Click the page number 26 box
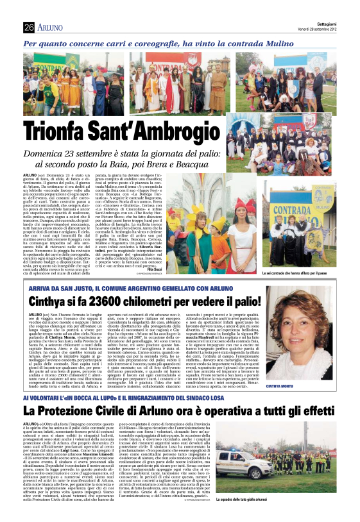(x=28, y=27)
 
